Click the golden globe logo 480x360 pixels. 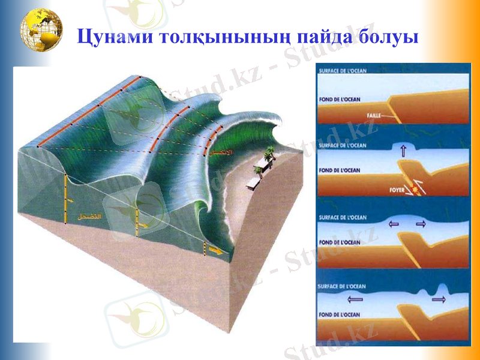pyautogui.click(x=41, y=31)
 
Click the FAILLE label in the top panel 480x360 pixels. pyautogui.click(x=373, y=115)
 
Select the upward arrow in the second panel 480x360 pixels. pyautogui.click(x=402, y=152)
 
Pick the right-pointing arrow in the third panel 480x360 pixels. pyautogui.click(x=420, y=224)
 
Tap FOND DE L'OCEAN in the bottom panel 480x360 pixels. pyautogui.click(x=340, y=314)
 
